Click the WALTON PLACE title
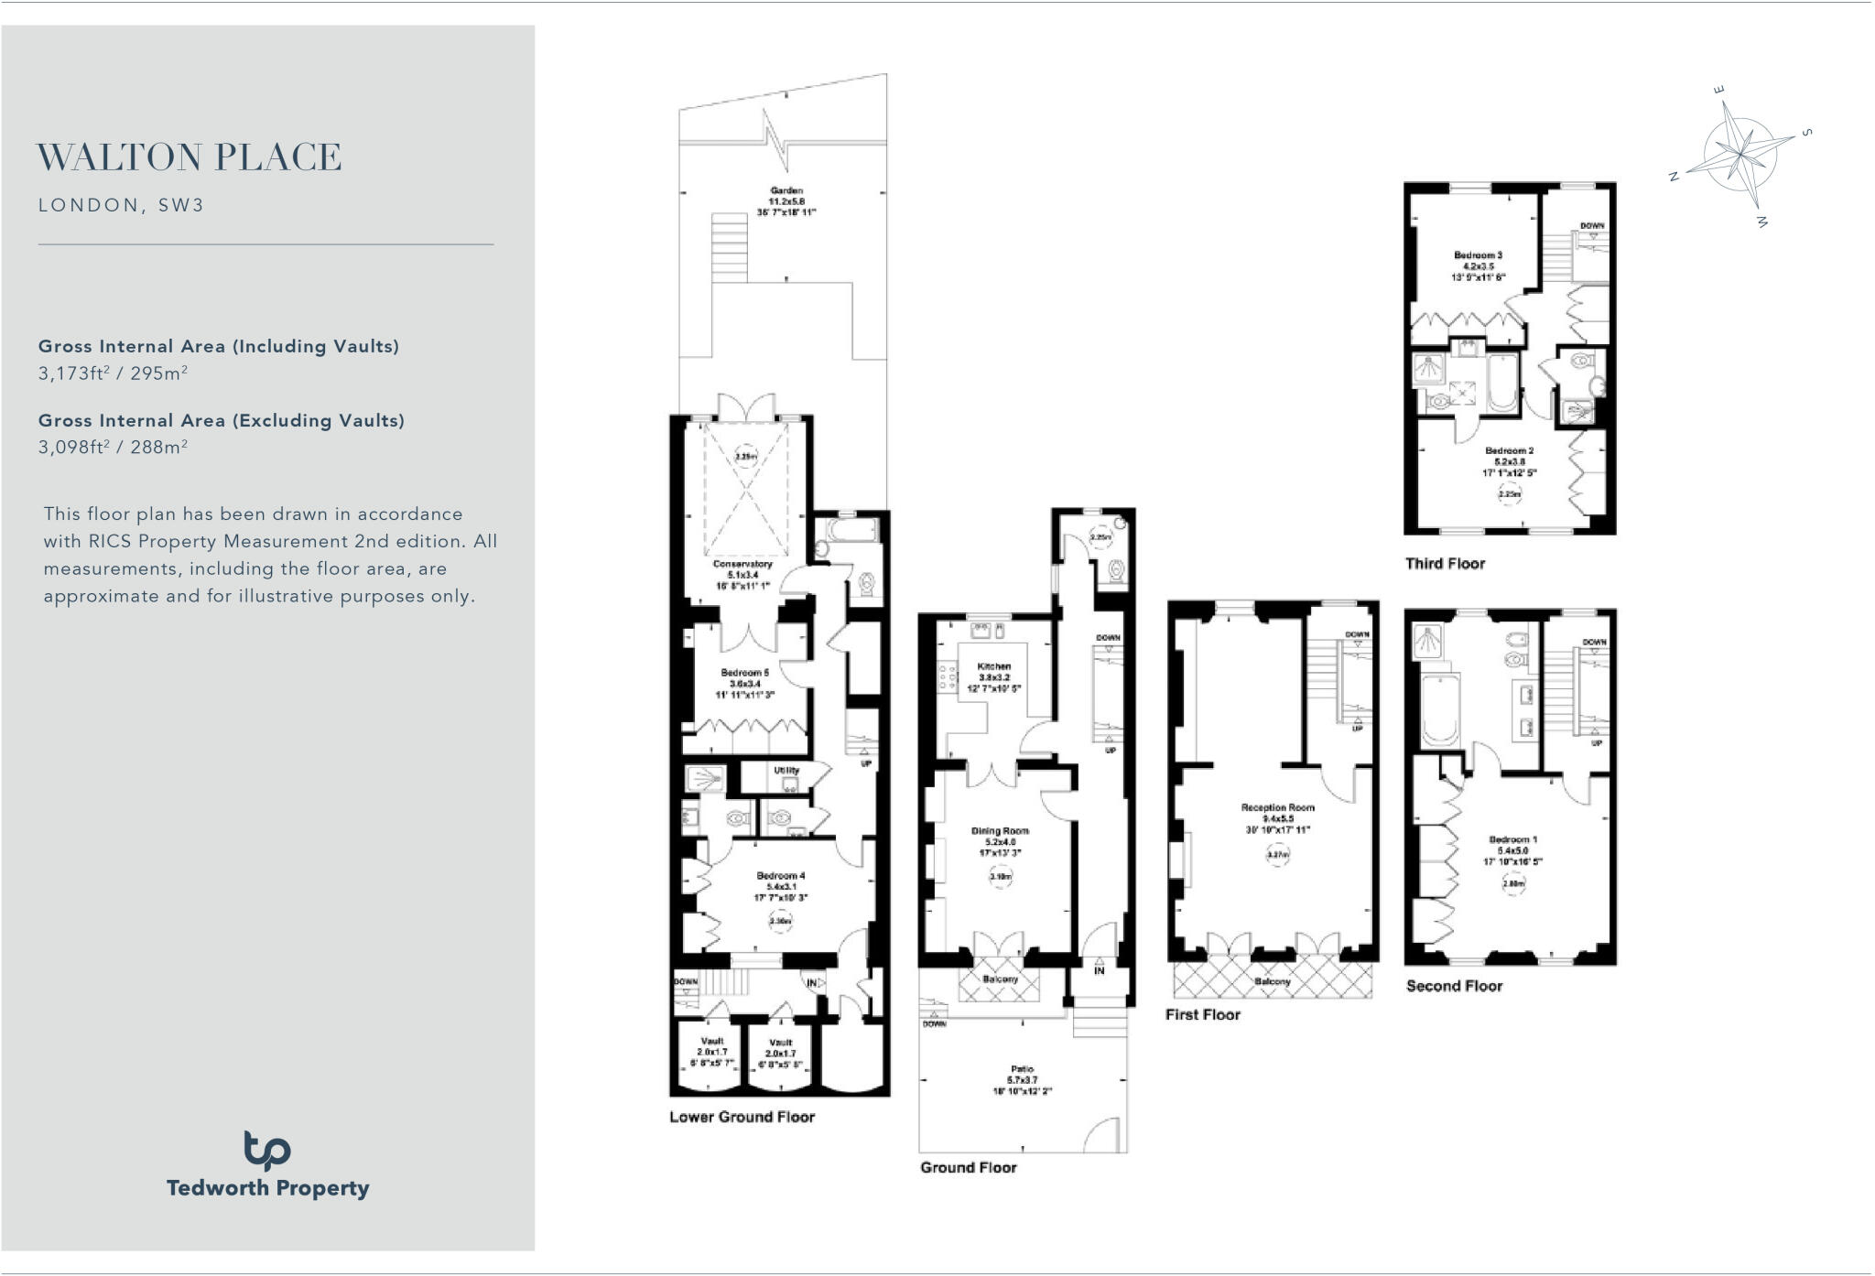point(189,157)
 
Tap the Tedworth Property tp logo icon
point(266,1151)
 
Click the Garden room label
point(786,190)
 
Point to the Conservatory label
point(742,564)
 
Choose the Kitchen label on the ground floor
point(993,666)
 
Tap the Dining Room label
point(1000,831)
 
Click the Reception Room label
point(1277,807)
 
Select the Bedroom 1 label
point(1512,839)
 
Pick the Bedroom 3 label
point(1478,255)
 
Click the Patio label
point(1022,1069)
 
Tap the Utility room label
point(786,771)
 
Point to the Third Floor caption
point(1445,564)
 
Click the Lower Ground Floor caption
point(742,1117)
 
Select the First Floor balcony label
point(1272,981)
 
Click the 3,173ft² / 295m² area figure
point(113,373)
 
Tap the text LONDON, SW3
point(121,205)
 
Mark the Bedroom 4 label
point(780,876)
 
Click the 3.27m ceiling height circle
point(1278,855)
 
